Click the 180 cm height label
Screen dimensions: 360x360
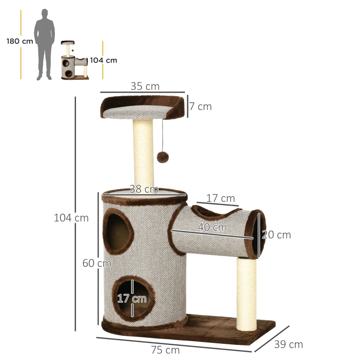pos(20,41)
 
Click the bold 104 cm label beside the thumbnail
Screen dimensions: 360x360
pos(103,60)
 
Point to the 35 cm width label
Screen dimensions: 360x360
pos(145,86)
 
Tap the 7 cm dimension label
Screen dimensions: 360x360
pos(200,107)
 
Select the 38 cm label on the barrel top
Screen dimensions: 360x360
pos(144,189)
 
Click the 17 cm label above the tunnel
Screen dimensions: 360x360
pos(220,198)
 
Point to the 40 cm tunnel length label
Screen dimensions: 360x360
pos(212,228)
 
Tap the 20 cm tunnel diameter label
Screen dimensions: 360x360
pos(277,235)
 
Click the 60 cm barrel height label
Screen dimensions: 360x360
pos(96,263)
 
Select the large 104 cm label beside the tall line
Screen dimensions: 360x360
pos(71,218)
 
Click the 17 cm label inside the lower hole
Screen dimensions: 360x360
pos(132,298)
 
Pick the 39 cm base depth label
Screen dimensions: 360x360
pos(288,345)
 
